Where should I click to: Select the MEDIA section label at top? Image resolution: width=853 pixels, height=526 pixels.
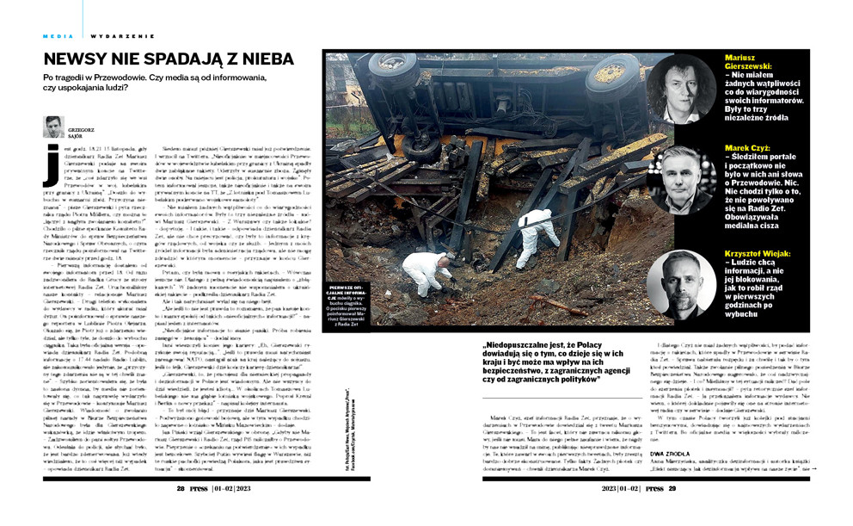(x=58, y=36)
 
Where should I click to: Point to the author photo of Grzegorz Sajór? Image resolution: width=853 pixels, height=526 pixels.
(x=53, y=126)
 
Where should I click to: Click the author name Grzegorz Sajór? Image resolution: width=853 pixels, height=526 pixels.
(x=79, y=132)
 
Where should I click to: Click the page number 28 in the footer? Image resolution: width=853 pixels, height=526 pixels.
(x=181, y=487)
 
